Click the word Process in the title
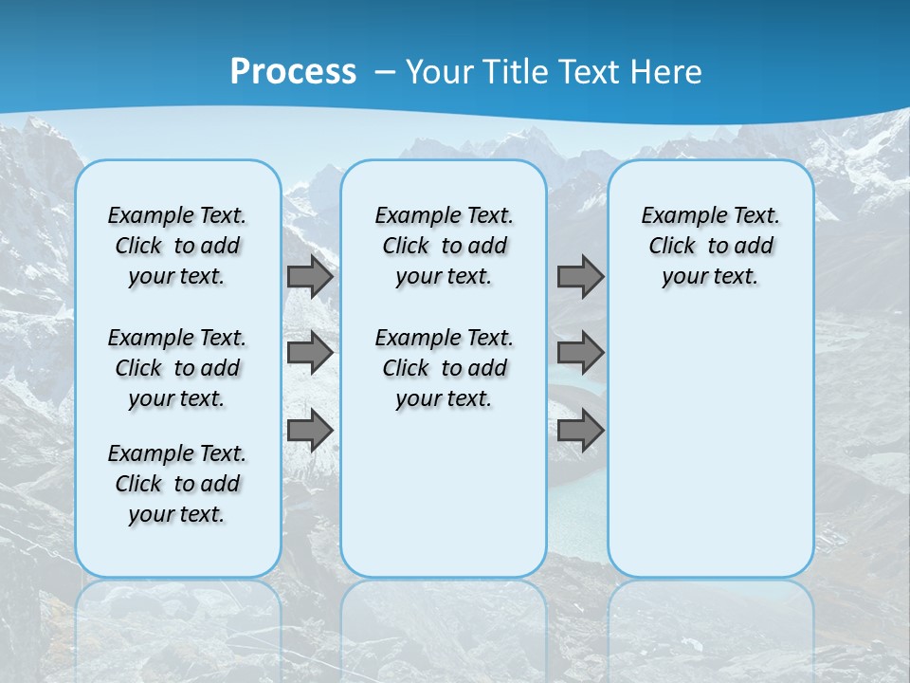pyautogui.click(x=293, y=72)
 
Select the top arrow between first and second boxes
pyautogui.click(x=310, y=276)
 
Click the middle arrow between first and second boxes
pyautogui.click(x=310, y=353)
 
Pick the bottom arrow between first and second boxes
pyautogui.click(x=310, y=430)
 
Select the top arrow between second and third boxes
pyautogui.click(x=580, y=276)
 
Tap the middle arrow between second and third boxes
pyautogui.click(x=580, y=353)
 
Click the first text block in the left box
pyautogui.click(x=177, y=246)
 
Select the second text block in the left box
pyautogui.click(x=177, y=368)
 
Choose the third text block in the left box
pyautogui.click(x=177, y=484)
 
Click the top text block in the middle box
pyautogui.click(x=444, y=246)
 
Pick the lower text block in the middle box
pyautogui.click(x=444, y=368)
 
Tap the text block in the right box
pyautogui.click(x=710, y=246)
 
